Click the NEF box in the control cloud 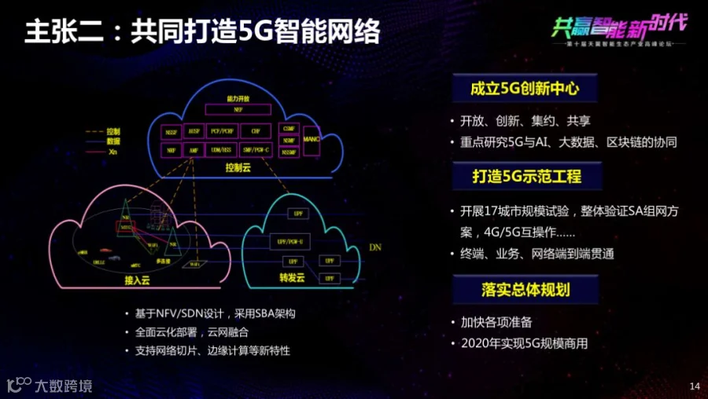(238, 111)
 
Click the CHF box (256, 130)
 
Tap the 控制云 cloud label (238, 167)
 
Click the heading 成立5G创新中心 (525, 90)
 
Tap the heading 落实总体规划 (525, 290)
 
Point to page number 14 (694, 386)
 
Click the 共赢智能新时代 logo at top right (618, 30)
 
